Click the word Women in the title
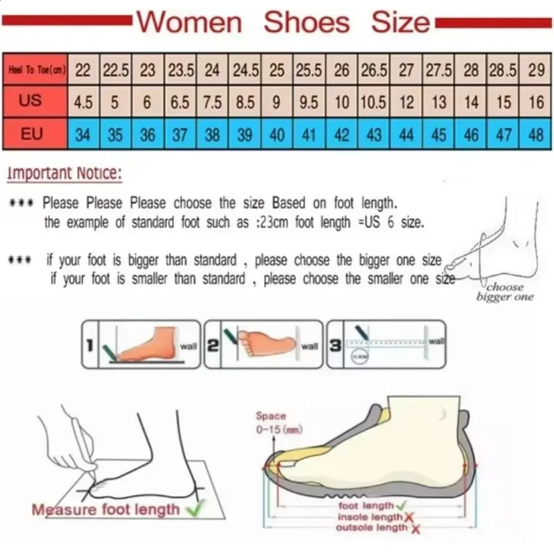pyautogui.click(x=189, y=22)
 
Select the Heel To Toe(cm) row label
pyautogui.click(x=35, y=70)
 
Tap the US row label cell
pyautogui.click(x=30, y=101)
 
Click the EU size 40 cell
pyautogui.click(x=277, y=135)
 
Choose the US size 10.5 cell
pyautogui.click(x=374, y=102)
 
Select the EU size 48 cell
pyautogui.click(x=536, y=135)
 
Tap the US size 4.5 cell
pyautogui.click(x=83, y=102)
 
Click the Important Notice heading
pyautogui.click(x=64, y=173)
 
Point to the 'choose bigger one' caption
pyautogui.click(x=505, y=292)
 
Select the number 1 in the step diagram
pyautogui.click(x=89, y=346)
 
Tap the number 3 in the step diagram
pyautogui.click(x=335, y=346)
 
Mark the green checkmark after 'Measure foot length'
pyautogui.click(x=194, y=508)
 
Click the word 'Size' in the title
pyautogui.click(x=400, y=22)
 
